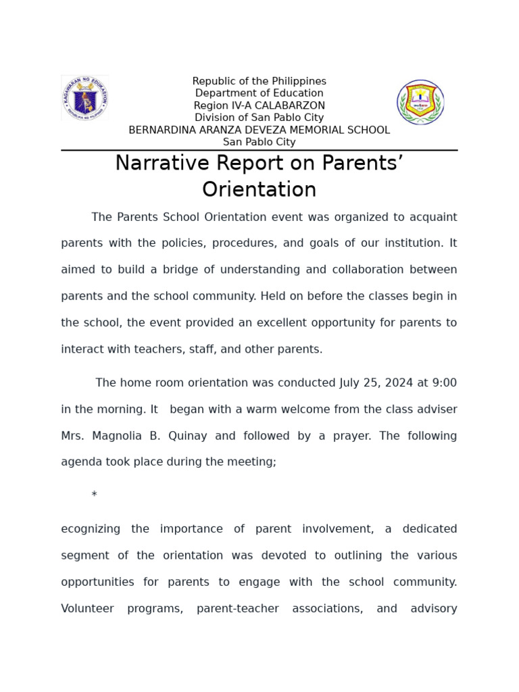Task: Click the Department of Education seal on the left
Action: click(84, 99)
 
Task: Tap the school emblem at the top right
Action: click(420, 102)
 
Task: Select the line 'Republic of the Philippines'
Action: click(259, 81)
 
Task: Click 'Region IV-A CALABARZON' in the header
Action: click(259, 105)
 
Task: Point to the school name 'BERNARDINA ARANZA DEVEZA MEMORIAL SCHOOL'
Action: click(259, 130)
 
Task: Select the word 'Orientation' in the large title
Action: click(259, 189)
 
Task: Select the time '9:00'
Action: click(444, 382)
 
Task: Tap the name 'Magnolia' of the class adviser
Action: click(120, 436)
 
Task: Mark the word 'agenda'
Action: click(80, 462)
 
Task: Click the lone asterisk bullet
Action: click(94, 495)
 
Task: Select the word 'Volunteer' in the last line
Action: click(87, 608)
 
